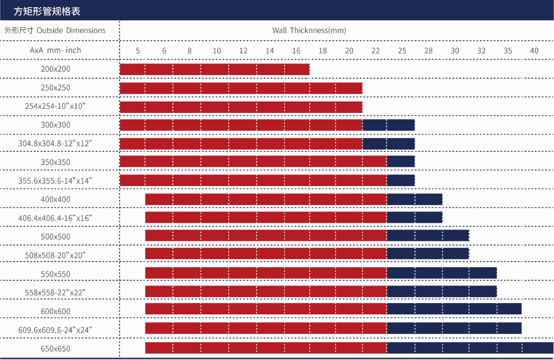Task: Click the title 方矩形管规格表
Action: point(47,10)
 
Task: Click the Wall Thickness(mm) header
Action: point(309,31)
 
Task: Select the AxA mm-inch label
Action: point(55,50)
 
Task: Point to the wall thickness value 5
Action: point(138,51)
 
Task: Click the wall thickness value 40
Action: point(534,51)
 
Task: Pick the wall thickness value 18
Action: point(323,51)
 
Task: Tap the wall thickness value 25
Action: point(402,51)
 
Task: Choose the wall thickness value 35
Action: point(508,51)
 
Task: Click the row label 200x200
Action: point(55,69)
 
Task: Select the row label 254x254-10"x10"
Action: point(55,106)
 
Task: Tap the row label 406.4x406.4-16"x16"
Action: point(55,218)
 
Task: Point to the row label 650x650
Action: point(55,349)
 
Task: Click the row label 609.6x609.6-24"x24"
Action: point(55,330)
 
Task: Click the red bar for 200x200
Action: point(214,69)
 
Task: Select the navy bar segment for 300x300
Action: point(388,125)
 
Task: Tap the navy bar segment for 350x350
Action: point(401,162)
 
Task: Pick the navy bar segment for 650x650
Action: point(470,348)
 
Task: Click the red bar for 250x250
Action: point(241,88)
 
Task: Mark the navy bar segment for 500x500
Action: point(428,236)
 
